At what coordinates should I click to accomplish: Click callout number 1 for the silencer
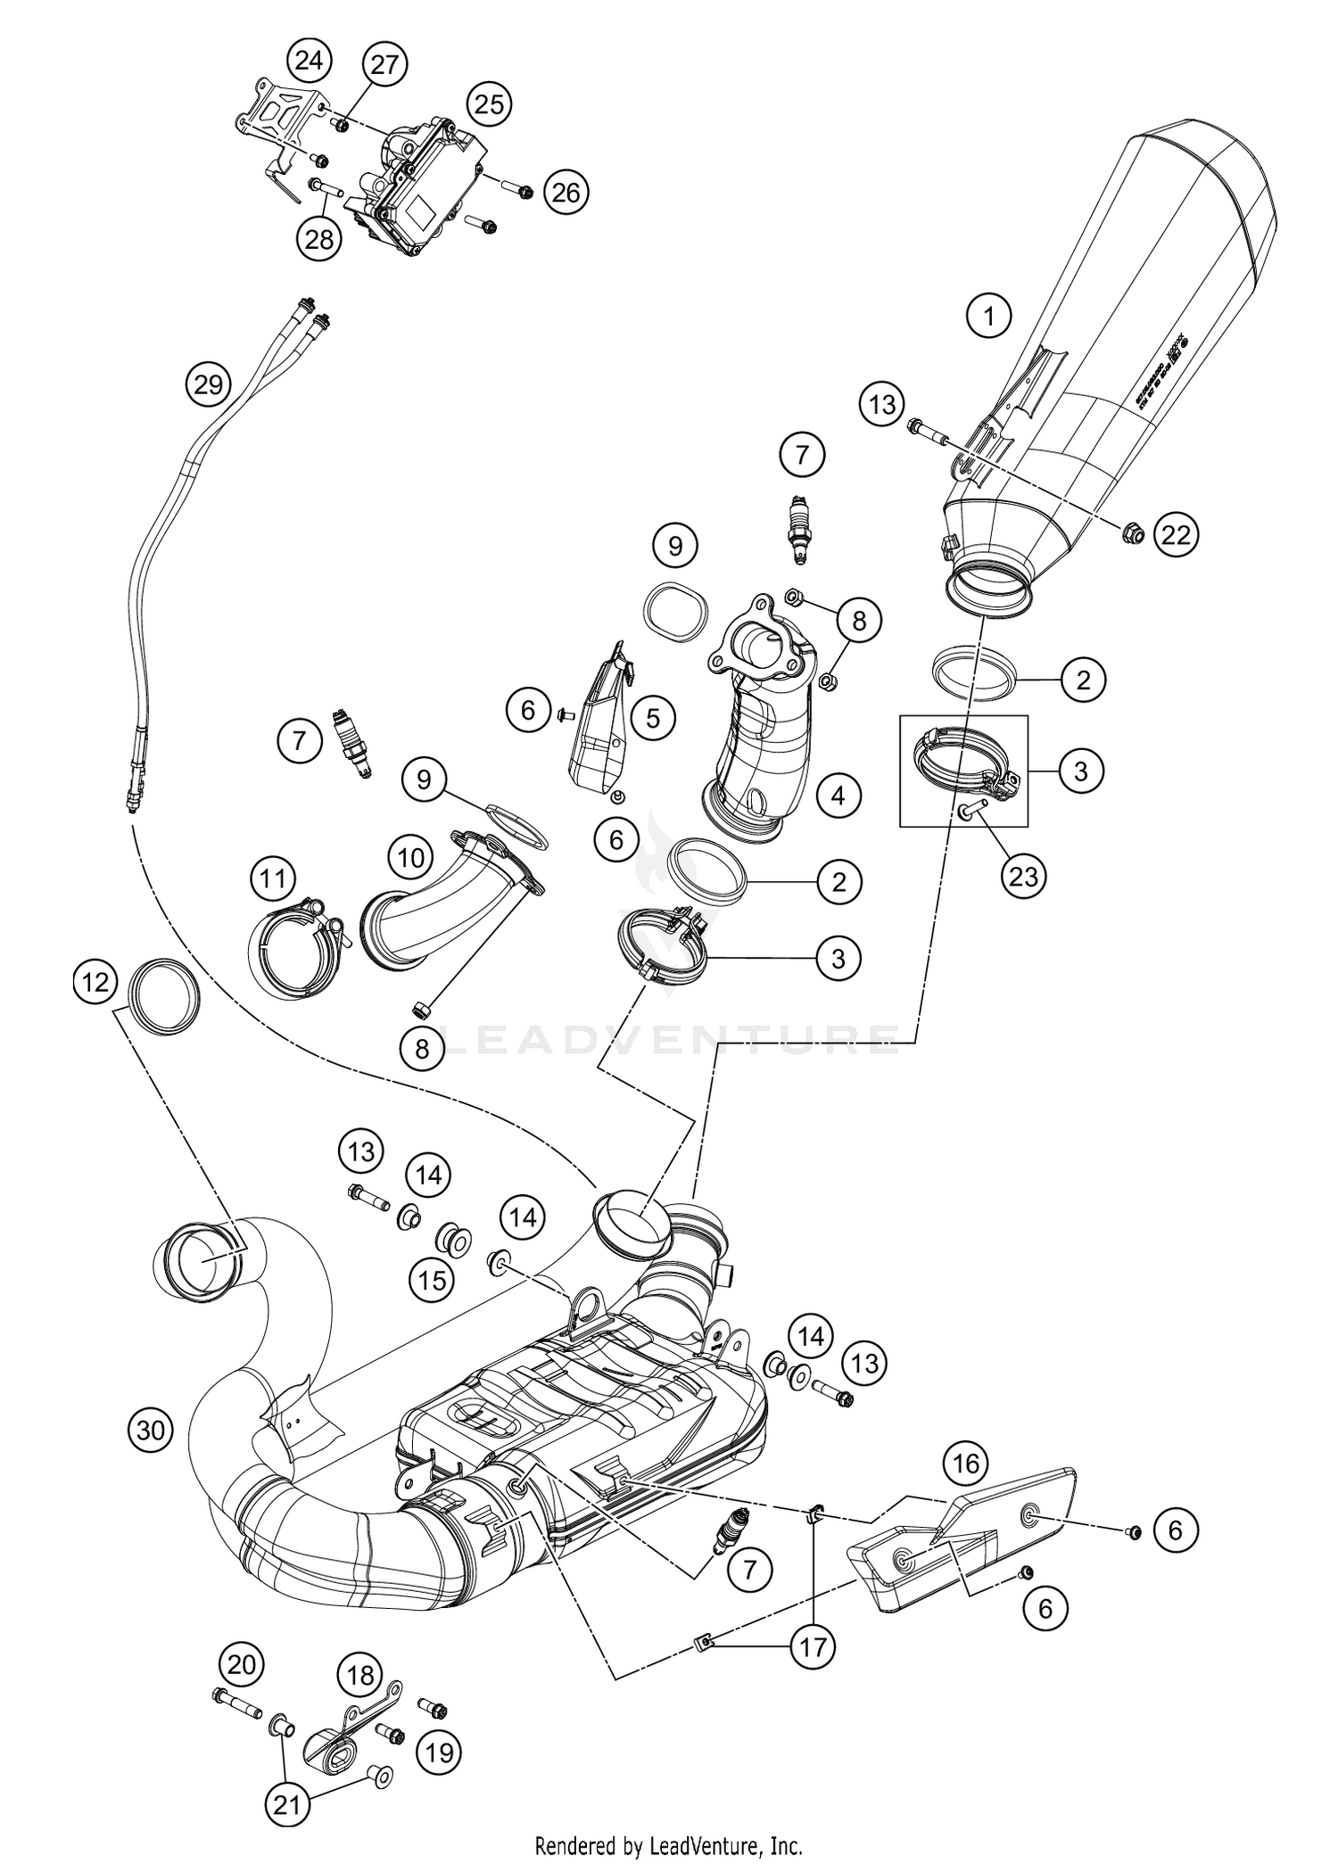988,315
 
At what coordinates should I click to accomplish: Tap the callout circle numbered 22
1176,534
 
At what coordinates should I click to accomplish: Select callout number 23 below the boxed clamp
1023,876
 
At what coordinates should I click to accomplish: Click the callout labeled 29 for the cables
208,385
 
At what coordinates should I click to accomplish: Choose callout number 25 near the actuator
488,105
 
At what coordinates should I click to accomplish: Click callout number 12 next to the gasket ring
95,982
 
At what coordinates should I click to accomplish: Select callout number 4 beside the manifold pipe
838,795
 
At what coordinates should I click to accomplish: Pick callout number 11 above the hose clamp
272,879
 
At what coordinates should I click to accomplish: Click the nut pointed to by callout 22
1127,535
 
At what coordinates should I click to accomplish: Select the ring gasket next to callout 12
165,996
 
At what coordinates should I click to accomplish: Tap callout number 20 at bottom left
242,1664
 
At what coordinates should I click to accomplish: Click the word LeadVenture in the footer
719,1844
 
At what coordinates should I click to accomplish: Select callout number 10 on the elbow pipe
410,858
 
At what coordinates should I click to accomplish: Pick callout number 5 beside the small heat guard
653,717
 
